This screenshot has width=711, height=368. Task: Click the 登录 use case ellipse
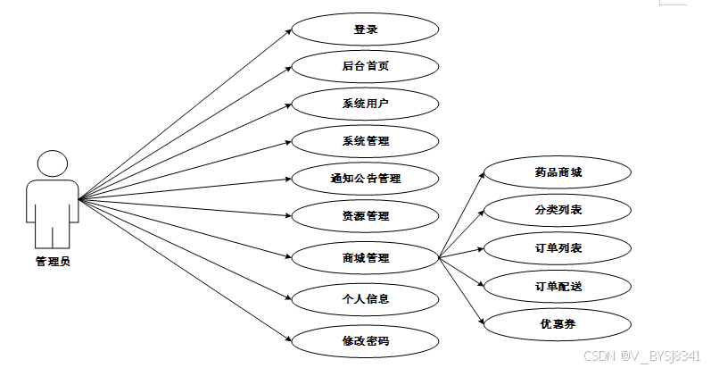[x=366, y=29]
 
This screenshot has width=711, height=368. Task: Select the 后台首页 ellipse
[x=366, y=66]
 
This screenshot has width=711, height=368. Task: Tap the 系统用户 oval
[x=366, y=104]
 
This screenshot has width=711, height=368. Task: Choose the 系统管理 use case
[x=366, y=140]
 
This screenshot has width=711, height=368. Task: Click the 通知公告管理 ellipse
[x=366, y=178]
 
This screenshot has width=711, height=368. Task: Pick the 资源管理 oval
[x=366, y=215]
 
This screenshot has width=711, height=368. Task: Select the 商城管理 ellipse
[x=366, y=258]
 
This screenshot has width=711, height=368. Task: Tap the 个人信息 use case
[x=366, y=297]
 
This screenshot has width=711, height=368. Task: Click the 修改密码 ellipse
[x=366, y=340]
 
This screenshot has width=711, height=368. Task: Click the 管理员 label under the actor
[x=53, y=262]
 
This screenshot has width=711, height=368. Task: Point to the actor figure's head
[x=52, y=164]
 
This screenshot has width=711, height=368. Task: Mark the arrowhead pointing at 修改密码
[x=289, y=339]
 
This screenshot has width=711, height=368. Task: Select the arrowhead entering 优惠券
[x=482, y=321]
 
